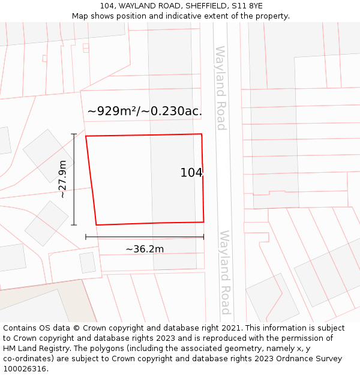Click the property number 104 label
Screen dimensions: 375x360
(191, 173)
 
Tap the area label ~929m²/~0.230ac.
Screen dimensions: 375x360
(145, 111)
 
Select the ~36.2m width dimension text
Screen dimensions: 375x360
(145, 249)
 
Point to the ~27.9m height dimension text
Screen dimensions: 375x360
(62, 179)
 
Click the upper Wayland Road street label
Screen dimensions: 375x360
(220, 88)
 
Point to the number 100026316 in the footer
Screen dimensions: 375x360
(25, 368)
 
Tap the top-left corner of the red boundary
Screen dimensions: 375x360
(86, 136)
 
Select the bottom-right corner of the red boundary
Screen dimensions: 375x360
(203, 222)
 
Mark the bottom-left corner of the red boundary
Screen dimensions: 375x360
(96, 225)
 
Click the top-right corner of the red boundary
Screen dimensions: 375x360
(202, 134)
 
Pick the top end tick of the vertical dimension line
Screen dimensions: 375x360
(74, 134)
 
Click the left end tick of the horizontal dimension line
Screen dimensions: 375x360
(86, 237)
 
